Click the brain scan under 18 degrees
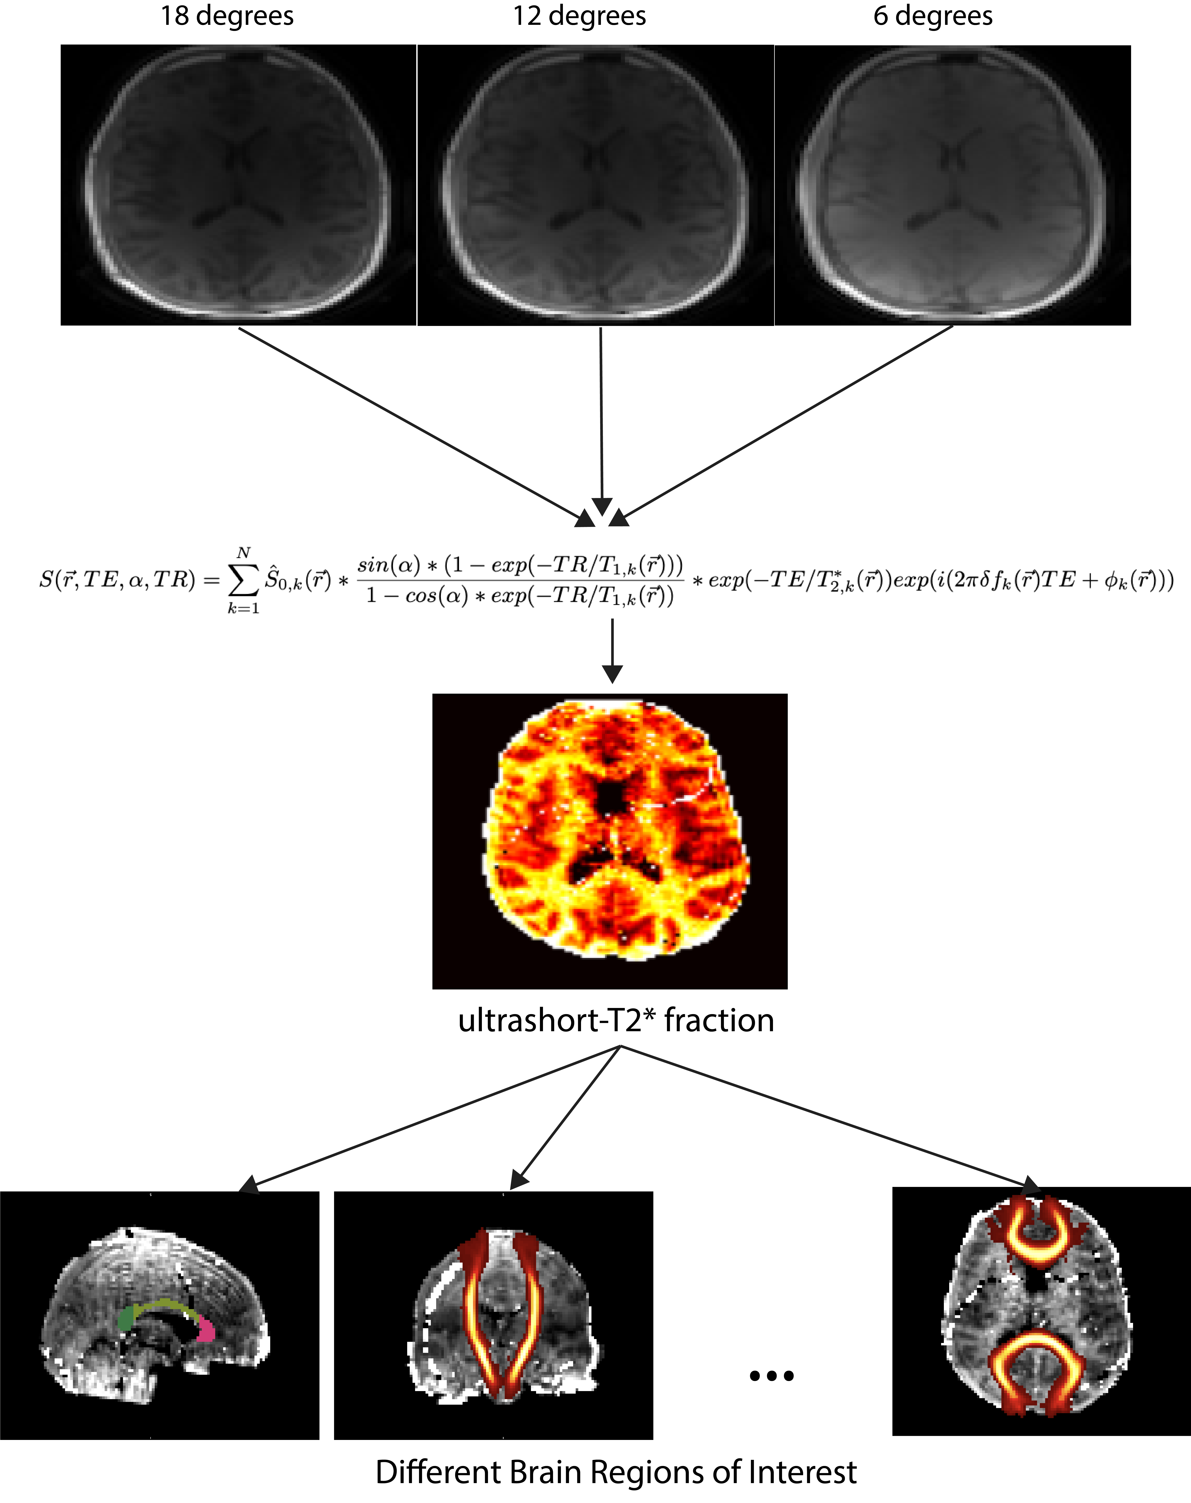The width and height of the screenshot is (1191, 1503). click(x=238, y=185)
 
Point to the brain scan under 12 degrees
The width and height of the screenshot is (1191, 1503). click(x=596, y=185)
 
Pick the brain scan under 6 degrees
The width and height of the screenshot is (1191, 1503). click(x=953, y=185)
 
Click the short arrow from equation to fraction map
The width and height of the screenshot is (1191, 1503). click(x=612, y=652)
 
